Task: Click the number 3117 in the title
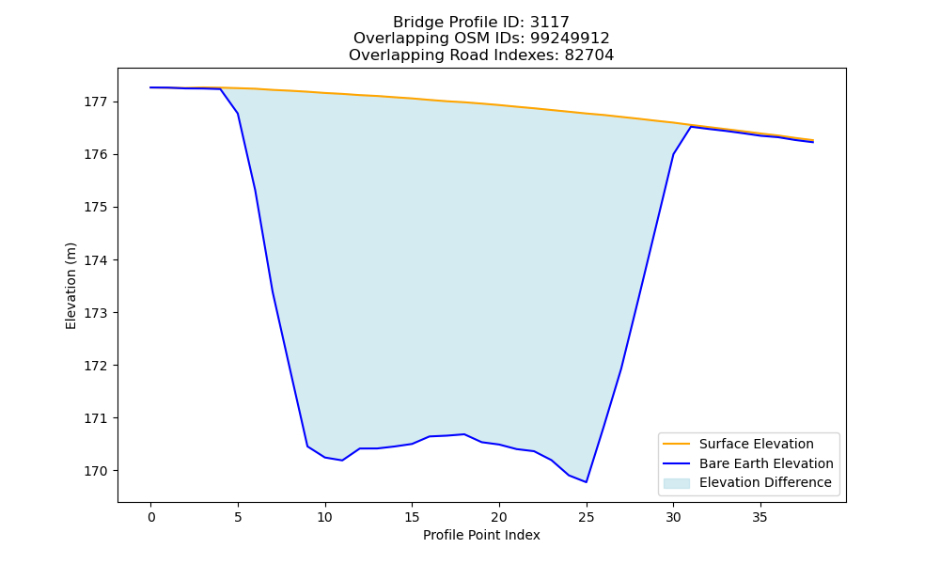tap(549, 23)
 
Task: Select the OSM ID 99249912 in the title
tap(570, 39)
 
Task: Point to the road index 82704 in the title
tap(589, 55)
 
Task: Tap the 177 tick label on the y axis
tap(94, 102)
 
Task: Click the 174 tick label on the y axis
tap(94, 260)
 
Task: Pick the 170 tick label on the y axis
tap(94, 471)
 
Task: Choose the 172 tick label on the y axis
tap(94, 366)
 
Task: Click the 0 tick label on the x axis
tap(151, 517)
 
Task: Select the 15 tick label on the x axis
tap(412, 517)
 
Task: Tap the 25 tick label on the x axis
tap(587, 517)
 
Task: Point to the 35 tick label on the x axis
tap(760, 517)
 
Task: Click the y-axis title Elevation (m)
tap(70, 286)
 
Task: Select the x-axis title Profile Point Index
tap(481, 535)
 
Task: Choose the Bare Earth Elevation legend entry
tap(747, 463)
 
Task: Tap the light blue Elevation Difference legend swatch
tap(676, 483)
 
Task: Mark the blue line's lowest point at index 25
tap(587, 482)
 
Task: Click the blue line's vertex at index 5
tap(238, 114)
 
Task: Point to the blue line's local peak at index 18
tap(464, 434)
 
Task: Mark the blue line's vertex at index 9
tap(307, 446)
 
